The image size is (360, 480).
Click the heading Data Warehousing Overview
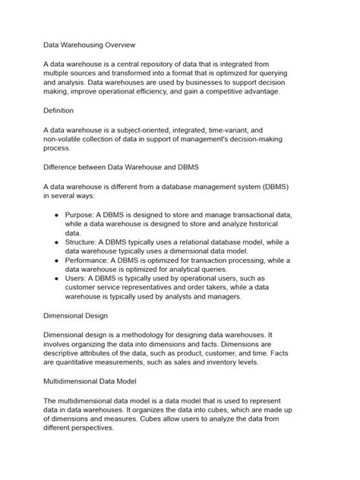[89, 45]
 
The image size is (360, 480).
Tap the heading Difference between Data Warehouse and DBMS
[120, 164]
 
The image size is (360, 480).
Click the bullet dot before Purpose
[58, 216]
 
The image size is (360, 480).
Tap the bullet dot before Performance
[58, 259]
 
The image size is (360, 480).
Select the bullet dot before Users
[58, 278]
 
